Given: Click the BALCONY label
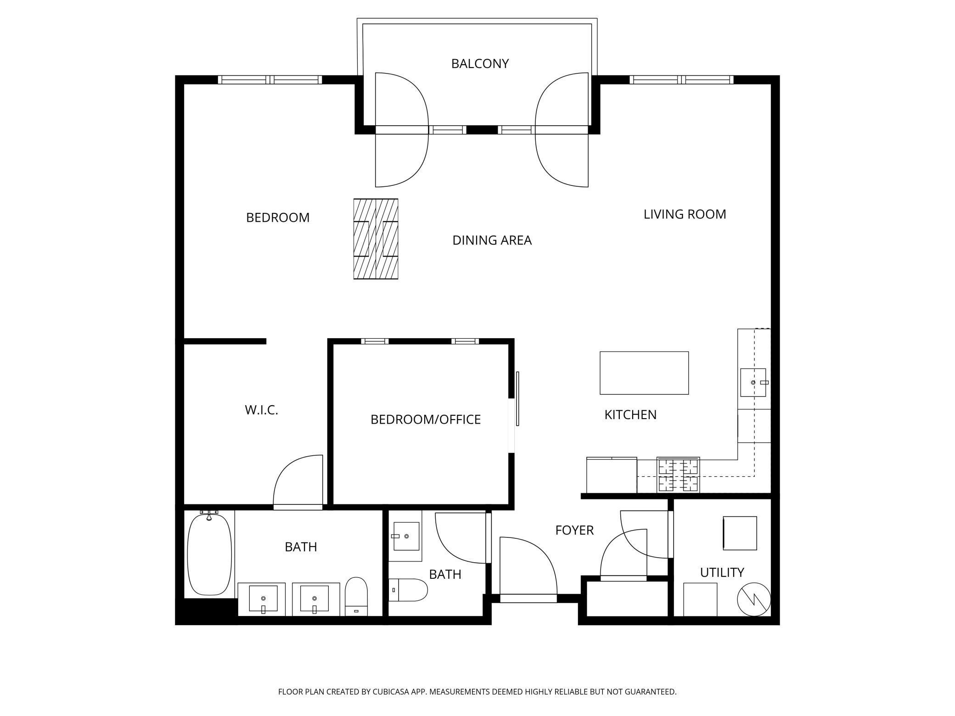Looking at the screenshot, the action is (x=480, y=63).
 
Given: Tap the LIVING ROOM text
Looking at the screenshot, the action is (x=685, y=214).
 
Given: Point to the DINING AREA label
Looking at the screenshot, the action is (x=492, y=240).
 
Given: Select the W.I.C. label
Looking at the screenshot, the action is (x=262, y=410).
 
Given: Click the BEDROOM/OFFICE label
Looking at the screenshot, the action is (x=426, y=419).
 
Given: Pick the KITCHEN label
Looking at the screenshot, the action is (x=630, y=414).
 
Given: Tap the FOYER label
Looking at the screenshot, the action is (x=574, y=530).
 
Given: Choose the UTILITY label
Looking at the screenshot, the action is (x=722, y=572).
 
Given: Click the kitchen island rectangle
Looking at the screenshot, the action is (x=644, y=373).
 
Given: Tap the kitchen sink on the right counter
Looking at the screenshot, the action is (x=753, y=382).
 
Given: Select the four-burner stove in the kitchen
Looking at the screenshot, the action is (x=679, y=475).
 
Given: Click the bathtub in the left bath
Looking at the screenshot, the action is (x=210, y=554).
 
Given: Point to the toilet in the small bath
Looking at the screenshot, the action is (x=408, y=590).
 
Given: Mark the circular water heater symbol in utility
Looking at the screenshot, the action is (x=754, y=599).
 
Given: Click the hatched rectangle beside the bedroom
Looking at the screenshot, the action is (x=376, y=239).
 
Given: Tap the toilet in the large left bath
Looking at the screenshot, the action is (x=356, y=596).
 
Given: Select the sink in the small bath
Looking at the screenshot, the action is (x=405, y=536).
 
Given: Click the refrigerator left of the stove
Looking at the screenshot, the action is (x=612, y=475).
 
